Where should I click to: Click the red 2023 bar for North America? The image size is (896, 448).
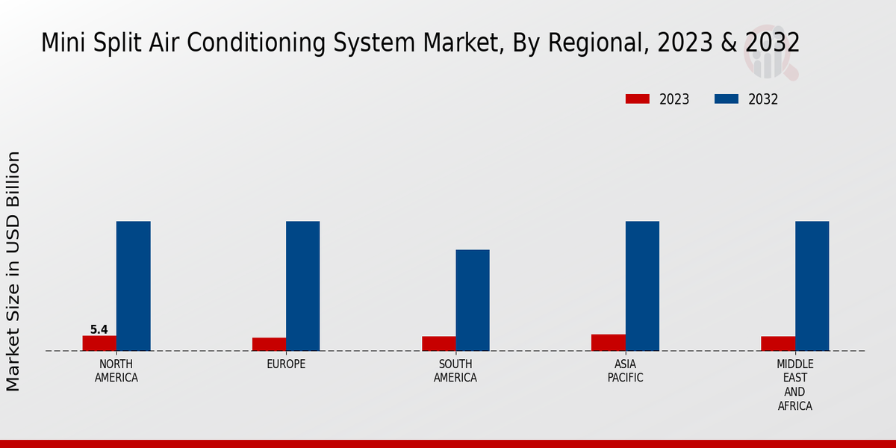(x=99, y=343)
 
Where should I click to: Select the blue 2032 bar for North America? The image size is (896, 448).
(x=133, y=286)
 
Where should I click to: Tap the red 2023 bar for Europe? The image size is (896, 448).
(x=269, y=344)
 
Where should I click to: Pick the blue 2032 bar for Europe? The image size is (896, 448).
(x=302, y=286)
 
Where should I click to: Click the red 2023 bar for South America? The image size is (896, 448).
(x=438, y=343)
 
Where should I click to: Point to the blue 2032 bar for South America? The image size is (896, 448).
(x=473, y=300)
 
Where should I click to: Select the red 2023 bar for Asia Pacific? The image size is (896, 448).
(x=608, y=343)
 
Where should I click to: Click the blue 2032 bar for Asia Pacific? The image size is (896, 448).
(x=642, y=286)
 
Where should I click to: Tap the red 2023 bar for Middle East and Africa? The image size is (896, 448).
(x=778, y=343)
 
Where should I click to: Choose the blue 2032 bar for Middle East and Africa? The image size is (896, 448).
(x=812, y=286)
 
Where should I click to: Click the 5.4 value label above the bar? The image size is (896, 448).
(x=99, y=329)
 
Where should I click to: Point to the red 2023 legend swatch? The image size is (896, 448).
(x=637, y=99)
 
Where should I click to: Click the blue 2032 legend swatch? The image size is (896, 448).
(x=727, y=99)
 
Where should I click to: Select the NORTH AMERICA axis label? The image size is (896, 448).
(x=116, y=371)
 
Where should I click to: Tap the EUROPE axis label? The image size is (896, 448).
(x=286, y=364)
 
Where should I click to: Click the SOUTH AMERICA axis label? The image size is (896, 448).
(x=455, y=371)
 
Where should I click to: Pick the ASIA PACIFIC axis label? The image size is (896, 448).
(x=625, y=371)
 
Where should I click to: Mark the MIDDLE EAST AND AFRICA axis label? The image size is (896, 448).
(x=794, y=385)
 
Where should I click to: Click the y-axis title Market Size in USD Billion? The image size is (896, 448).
(x=13, y=271)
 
